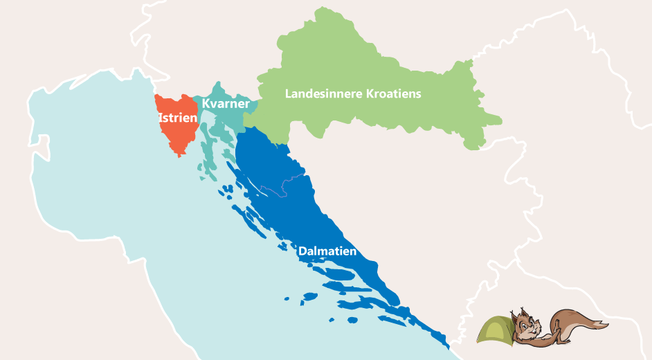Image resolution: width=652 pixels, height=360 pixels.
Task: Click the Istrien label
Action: (x=178, y=118)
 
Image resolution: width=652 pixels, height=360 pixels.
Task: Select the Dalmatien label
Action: (x=327, y=251)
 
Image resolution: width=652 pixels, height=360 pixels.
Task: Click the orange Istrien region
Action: (x=173, y=135)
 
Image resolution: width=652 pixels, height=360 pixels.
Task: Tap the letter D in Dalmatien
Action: (x=302, y=251)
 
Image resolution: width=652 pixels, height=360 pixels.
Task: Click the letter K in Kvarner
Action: (x=206, y=103)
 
